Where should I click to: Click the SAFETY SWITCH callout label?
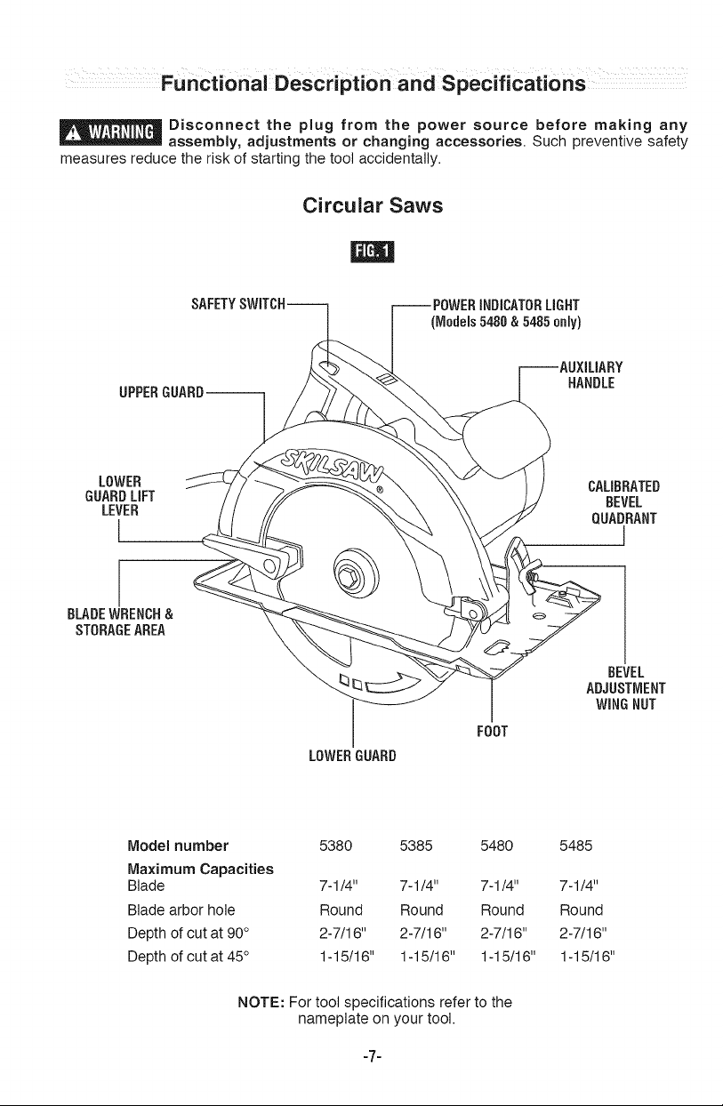pyautogui.click(x=238, y=304)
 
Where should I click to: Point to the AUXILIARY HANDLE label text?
pyautogui.click(x=590, y=375)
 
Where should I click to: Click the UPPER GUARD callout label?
pyautogui.click(x=162, y=393)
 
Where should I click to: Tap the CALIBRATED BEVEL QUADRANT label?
pyautogui.click(x=623, y=502)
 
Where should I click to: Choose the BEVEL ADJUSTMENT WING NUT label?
pyautogui.click(x=626, y=688)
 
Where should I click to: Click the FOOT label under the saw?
pyautogui.click(x=493, y=731)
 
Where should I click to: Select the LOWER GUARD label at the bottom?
pyautogui.click(x=353, y=756)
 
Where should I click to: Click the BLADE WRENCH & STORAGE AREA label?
pyautogui.click(x=120, y=622)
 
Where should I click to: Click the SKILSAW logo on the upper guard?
pyautogui.click(x=333, y=466)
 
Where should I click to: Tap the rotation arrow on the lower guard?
pyautogui.click(x=394, y=684)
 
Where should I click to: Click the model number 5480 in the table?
pyautogui.click(x=497, y=846)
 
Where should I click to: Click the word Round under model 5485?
pyautogui.click(x=582, y=910)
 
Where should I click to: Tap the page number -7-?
pyautogui.click(x=373, y=1056)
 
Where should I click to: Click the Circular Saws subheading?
pyautogui.click(x=373, y=205)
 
